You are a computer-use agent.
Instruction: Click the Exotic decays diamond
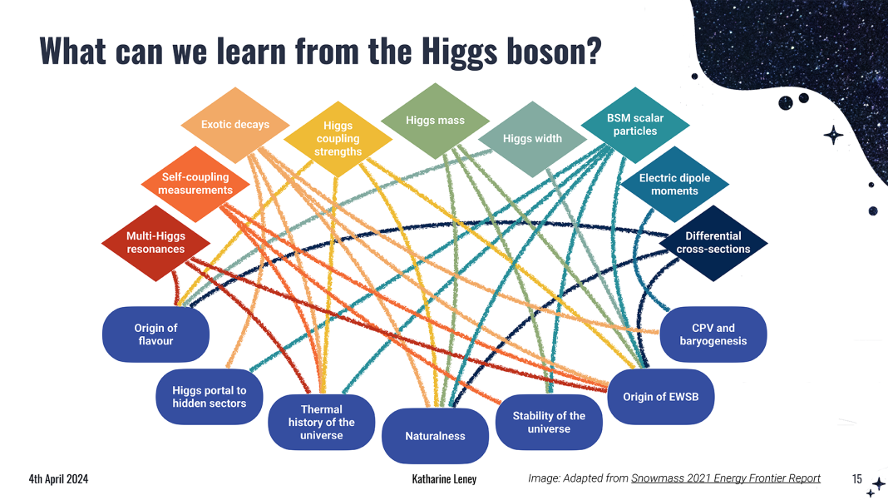click(x=235, y=125)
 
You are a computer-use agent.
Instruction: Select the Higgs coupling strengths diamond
click(x=338, y=139)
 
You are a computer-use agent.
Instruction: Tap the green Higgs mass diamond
click(x=435, y=121)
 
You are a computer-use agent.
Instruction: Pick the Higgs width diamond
click(x=532, y=139)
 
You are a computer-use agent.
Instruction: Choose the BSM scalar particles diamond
click(x=635, y=125)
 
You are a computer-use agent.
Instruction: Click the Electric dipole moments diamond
click(x=674, y=184)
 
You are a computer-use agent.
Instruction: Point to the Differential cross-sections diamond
click(x=713, y=243)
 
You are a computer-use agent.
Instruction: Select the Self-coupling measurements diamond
click(x=195, y=184)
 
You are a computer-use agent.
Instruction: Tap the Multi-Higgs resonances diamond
click(x=155, y=243)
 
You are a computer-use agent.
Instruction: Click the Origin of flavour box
click(x=155, y=334)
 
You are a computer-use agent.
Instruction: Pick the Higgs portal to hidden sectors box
click(x=210, y=397)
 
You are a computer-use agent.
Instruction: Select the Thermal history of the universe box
click(x=321, y=423)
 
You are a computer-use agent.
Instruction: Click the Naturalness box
click(x=435, y=436)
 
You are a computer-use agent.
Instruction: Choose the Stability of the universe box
click(x=549, y=423)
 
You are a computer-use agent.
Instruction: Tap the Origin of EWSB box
click(x=661, y=397)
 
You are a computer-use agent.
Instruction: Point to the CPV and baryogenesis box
click(x=713, y=334)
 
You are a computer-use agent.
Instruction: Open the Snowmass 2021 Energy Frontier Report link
click(x=726, y=478)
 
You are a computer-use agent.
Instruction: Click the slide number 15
click(x=857, y=479)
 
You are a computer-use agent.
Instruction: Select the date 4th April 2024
click(x=58, y=479)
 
